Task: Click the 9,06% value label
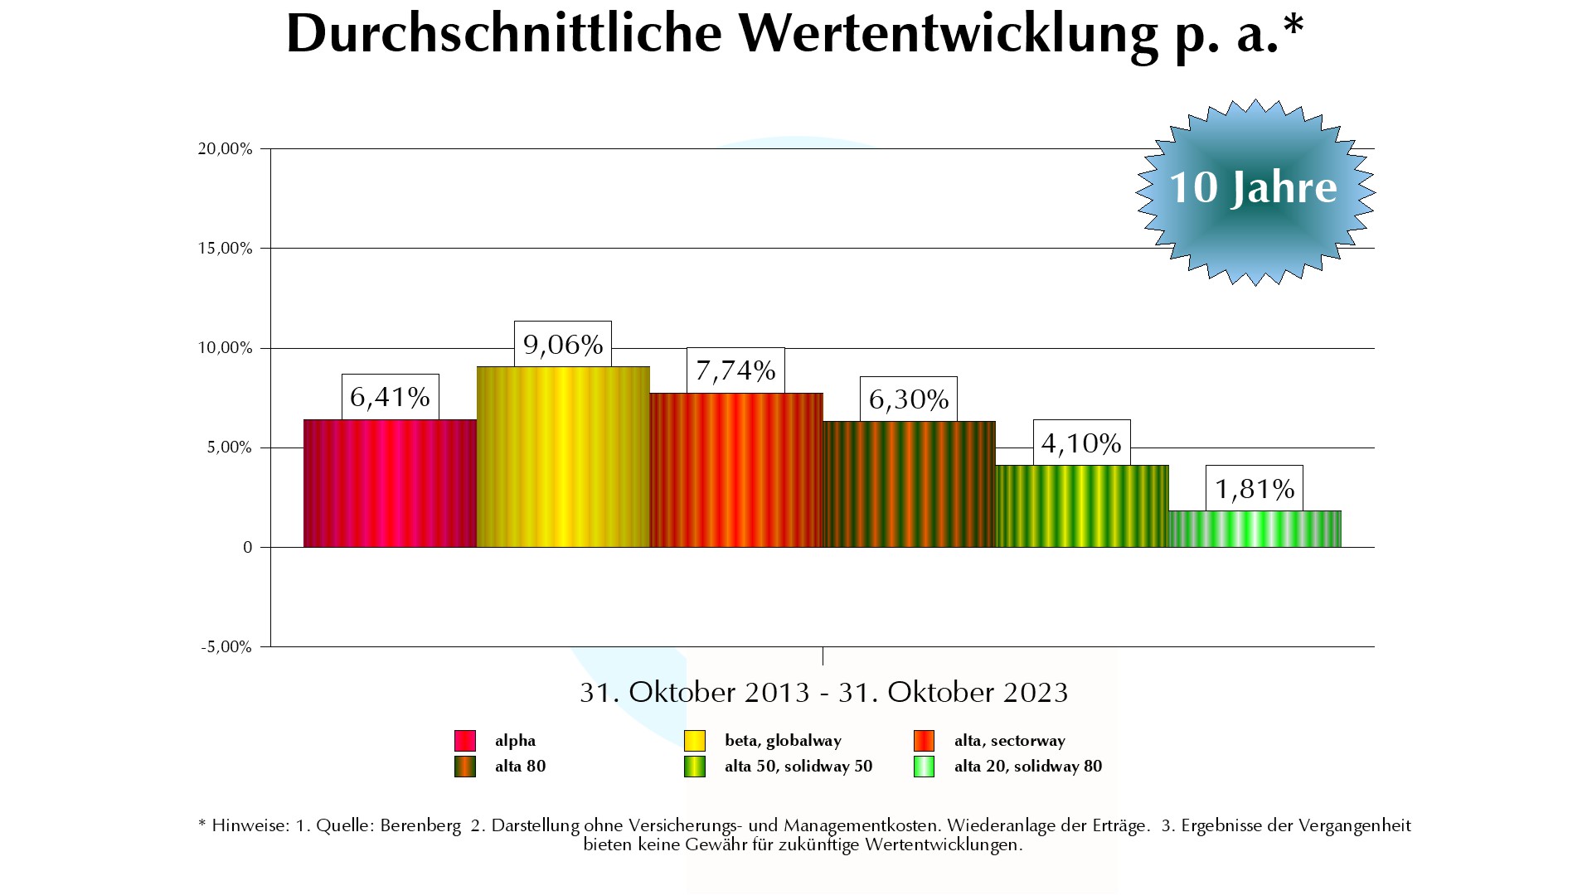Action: click(x=563, y=344)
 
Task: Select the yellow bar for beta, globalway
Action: click(x=563, y=457)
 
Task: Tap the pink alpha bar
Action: click(x=390, y=483)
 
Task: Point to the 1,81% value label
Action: click(x=1255, y=489)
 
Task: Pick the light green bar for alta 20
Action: click(x=1255, y=529)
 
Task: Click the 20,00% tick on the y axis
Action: click(x=225, y=149)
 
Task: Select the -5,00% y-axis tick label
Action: click(x=226, y=647)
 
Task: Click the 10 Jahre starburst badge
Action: click(x=1255, y=191)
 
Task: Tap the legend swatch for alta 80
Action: click(x=465, y=767)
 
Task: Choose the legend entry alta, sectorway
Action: click(x=1009, y=741)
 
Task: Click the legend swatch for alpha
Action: click(x=465, y=741)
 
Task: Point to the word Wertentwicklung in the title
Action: click(x=948, y=35)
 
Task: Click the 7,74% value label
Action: click(x=735, y=370)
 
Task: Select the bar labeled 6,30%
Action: click(x=909, y=484)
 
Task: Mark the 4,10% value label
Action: click(x=1081, y=443)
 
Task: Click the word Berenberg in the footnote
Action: click(x=420, y=826)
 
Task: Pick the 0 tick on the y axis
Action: click(x=248, y=548)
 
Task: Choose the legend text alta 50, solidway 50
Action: click(x=798, y=767)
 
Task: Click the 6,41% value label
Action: click(x=390, y=397)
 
